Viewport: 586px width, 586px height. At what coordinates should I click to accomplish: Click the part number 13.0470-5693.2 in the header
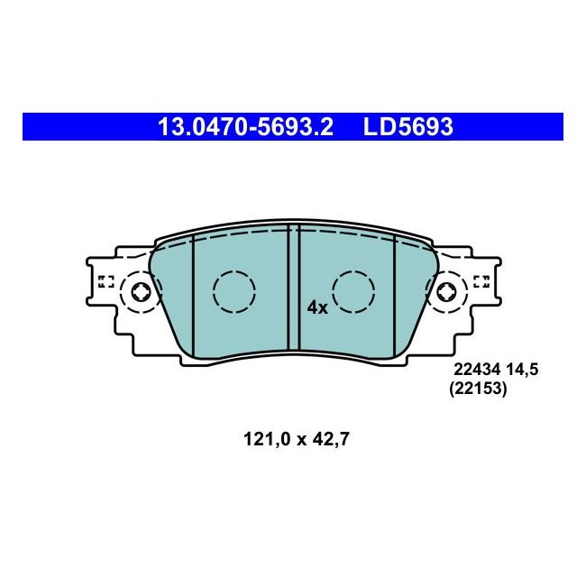click(245, 127)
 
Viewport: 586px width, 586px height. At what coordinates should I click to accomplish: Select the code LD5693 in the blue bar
click(408, 127)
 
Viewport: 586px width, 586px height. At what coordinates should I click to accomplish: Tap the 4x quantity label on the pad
click(317, 308)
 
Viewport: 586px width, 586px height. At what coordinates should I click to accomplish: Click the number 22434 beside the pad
click(477, 370)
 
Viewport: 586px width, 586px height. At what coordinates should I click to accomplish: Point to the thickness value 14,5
click(522, 370)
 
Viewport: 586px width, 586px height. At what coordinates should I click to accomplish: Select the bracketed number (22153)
click(478, 389)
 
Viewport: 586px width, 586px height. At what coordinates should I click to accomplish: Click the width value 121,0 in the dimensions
click(267, 440)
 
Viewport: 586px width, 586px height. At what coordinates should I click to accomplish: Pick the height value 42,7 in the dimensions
click(331, 440)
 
